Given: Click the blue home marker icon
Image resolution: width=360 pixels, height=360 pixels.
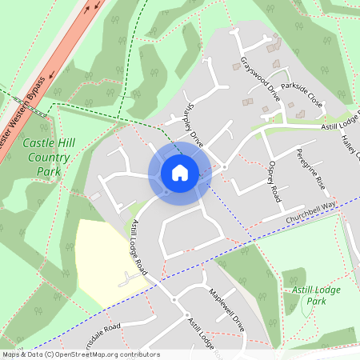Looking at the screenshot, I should (180, 173).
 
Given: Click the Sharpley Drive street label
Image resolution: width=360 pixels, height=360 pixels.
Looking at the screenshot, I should (194, 125).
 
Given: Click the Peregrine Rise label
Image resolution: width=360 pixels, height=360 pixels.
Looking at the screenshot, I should (311, 168).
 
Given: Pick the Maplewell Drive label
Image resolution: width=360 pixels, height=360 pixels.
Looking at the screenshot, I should (226, 310).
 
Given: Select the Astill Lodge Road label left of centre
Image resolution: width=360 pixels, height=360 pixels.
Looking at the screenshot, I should (139, 246).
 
